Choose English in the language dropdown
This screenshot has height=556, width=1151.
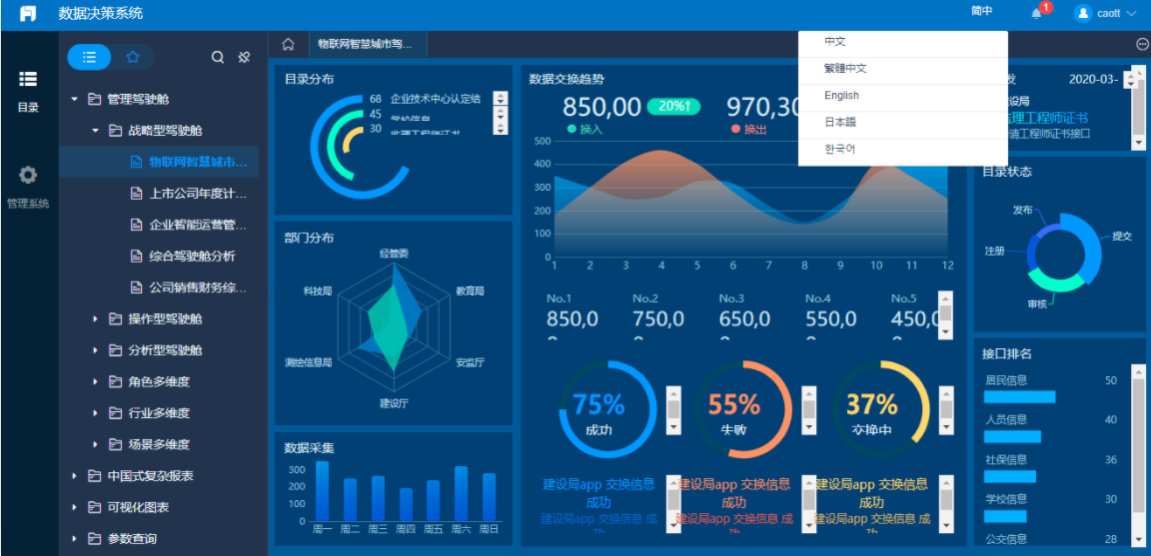[841, 96]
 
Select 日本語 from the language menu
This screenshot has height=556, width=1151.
[840, 123]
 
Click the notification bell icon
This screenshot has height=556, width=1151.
[1036, 13]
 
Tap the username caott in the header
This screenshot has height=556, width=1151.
[1109, 14]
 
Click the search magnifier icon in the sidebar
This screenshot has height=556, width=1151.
[218, 58]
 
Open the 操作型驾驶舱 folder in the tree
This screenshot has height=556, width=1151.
[165, 319]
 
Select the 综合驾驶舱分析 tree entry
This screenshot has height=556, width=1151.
[192, 257]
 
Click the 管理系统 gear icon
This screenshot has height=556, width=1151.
[28, 176]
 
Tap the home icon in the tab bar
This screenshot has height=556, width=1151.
[288, 44]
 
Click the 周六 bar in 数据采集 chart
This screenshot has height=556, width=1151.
[461, 493]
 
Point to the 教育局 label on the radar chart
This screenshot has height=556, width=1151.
[470, 290]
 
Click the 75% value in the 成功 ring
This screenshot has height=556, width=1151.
[598, 404]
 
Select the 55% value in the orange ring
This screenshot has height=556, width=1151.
[734, 404]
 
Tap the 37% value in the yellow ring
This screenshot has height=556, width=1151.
[871, 404]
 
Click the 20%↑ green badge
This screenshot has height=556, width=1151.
[673, 106]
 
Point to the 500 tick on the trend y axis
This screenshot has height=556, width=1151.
[543, 141]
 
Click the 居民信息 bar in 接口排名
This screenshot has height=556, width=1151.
[1019, 396]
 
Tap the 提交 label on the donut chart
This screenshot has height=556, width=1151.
[1122, 237]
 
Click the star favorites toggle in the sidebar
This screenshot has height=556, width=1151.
[133, 57]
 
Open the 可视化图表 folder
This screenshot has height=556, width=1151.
[138, 507]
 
